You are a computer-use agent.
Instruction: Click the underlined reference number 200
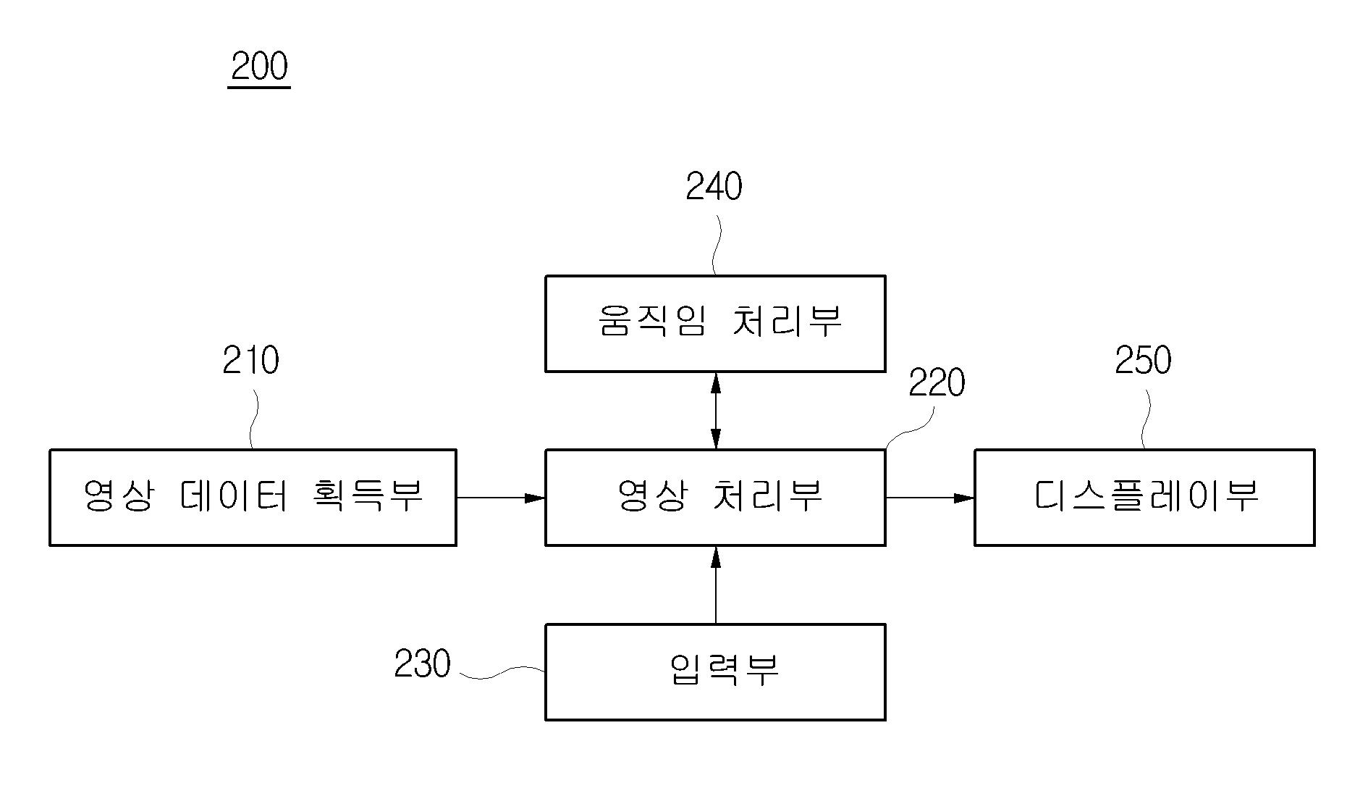260,67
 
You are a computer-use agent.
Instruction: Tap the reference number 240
714,186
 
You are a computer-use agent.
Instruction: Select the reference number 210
250,360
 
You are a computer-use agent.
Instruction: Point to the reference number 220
937,383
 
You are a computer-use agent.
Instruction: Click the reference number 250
1143,360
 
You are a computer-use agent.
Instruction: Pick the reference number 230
422,664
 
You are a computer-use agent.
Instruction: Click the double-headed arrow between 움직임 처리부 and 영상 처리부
716,411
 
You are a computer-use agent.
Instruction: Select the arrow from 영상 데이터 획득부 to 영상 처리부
501,498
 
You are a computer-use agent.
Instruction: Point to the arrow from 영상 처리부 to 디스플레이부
930,498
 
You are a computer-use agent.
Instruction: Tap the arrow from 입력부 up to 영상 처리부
716,585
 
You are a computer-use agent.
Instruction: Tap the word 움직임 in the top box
652,320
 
